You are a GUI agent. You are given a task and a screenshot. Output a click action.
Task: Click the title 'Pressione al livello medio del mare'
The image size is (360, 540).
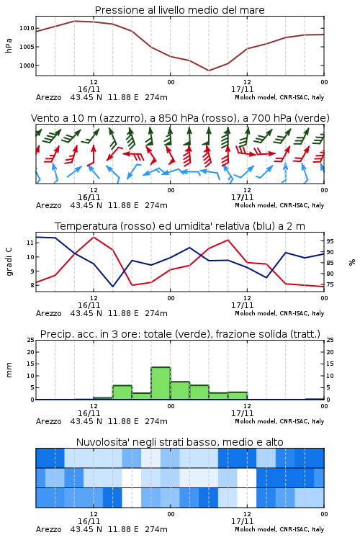[x=179, y=10]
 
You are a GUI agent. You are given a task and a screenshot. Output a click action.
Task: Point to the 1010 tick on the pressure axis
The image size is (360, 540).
[x=27, y=28]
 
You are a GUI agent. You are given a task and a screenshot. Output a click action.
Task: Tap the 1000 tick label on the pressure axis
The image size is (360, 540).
[x=27, y=66]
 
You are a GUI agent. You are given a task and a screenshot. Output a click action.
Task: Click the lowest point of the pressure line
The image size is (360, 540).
[x=209, y=71]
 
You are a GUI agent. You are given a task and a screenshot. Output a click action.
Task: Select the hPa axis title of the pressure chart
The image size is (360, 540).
[x=9, y=45]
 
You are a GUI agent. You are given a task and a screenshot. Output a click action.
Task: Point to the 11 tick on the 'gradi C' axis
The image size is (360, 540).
[x=30, y=243]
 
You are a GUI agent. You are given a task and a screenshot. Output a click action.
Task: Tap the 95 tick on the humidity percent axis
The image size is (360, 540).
[x=330, y=241]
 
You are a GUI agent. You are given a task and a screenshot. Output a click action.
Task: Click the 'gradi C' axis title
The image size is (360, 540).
[x=9, y=262]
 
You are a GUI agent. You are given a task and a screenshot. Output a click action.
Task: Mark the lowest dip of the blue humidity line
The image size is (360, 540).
[x=112, y=286]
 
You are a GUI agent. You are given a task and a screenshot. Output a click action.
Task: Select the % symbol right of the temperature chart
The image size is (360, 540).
[x=352, y=262]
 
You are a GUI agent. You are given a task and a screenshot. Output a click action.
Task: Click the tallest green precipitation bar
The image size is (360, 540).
[x=161, y=383]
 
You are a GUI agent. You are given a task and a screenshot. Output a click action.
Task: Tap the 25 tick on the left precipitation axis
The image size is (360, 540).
[x=31, y=340]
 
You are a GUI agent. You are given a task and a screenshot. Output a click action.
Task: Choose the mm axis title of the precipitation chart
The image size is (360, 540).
[x=9, y=370]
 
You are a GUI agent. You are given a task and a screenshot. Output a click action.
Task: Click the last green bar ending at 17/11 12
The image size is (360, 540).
[x=238, y=396]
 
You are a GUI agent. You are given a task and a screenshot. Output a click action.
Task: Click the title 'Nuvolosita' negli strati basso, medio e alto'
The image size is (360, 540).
[x=179, y=442]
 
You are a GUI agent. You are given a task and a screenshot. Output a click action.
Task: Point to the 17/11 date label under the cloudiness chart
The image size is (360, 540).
[x=242, y=521]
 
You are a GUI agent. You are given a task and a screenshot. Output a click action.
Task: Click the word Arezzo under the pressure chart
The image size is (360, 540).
[x=48, y=97]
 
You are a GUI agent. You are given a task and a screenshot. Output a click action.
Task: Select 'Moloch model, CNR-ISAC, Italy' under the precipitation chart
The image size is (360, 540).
[x=279, y=421]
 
